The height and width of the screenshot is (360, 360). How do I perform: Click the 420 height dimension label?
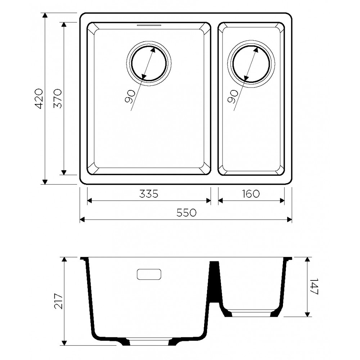39,99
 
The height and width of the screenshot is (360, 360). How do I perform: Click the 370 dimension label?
58,99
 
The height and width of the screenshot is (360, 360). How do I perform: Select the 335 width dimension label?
149,194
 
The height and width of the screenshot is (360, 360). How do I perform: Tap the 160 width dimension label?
251,194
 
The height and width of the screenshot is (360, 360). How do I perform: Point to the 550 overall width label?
186,213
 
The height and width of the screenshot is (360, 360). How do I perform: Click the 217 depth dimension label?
59,301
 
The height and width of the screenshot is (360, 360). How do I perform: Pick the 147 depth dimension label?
314,287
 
